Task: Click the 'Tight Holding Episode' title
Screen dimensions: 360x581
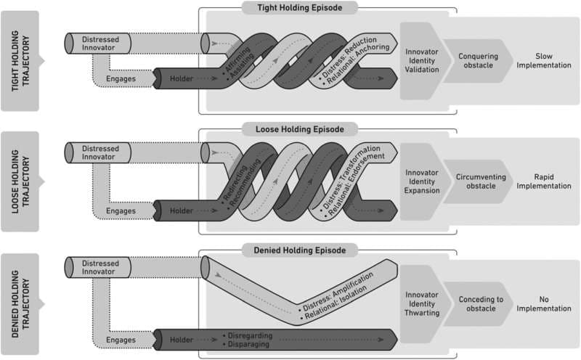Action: tap(298, 7)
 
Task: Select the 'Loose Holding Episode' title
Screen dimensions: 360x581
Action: tap(298, 128)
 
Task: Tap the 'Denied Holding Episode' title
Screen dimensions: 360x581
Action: tap(298, 250)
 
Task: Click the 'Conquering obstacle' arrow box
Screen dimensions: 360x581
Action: tap(477, 61)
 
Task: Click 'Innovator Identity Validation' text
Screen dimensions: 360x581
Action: tap(422, 61)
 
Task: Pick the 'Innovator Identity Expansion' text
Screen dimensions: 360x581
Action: tap(422, 181)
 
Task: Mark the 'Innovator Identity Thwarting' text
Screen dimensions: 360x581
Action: tap(422, 303)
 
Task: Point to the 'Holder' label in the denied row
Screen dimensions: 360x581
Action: tap(182, 339)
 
